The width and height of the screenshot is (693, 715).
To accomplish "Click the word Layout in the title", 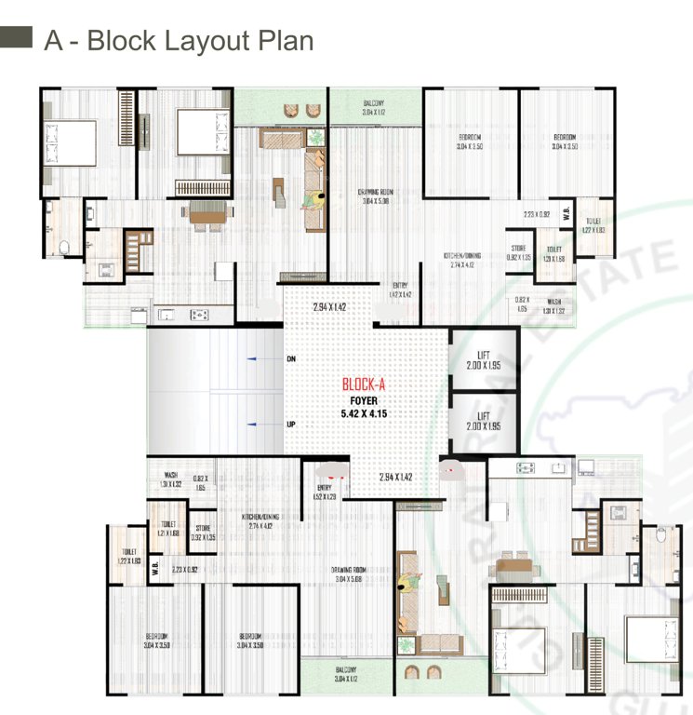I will tap(211, 41).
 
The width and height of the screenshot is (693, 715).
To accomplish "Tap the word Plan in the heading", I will tap(284, 41).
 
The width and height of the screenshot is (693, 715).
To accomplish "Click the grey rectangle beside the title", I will tap(17, 38).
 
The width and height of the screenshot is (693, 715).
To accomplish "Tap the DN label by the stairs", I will tap(291, 358).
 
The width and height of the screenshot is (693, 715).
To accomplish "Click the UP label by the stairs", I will tap(291, 424).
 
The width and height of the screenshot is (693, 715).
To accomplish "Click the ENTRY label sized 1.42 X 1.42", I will tap(400, 290).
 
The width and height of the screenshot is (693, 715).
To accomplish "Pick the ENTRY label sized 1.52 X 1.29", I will tap(324, 491).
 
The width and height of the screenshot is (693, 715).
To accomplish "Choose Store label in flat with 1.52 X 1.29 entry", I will tap(203, 532).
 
